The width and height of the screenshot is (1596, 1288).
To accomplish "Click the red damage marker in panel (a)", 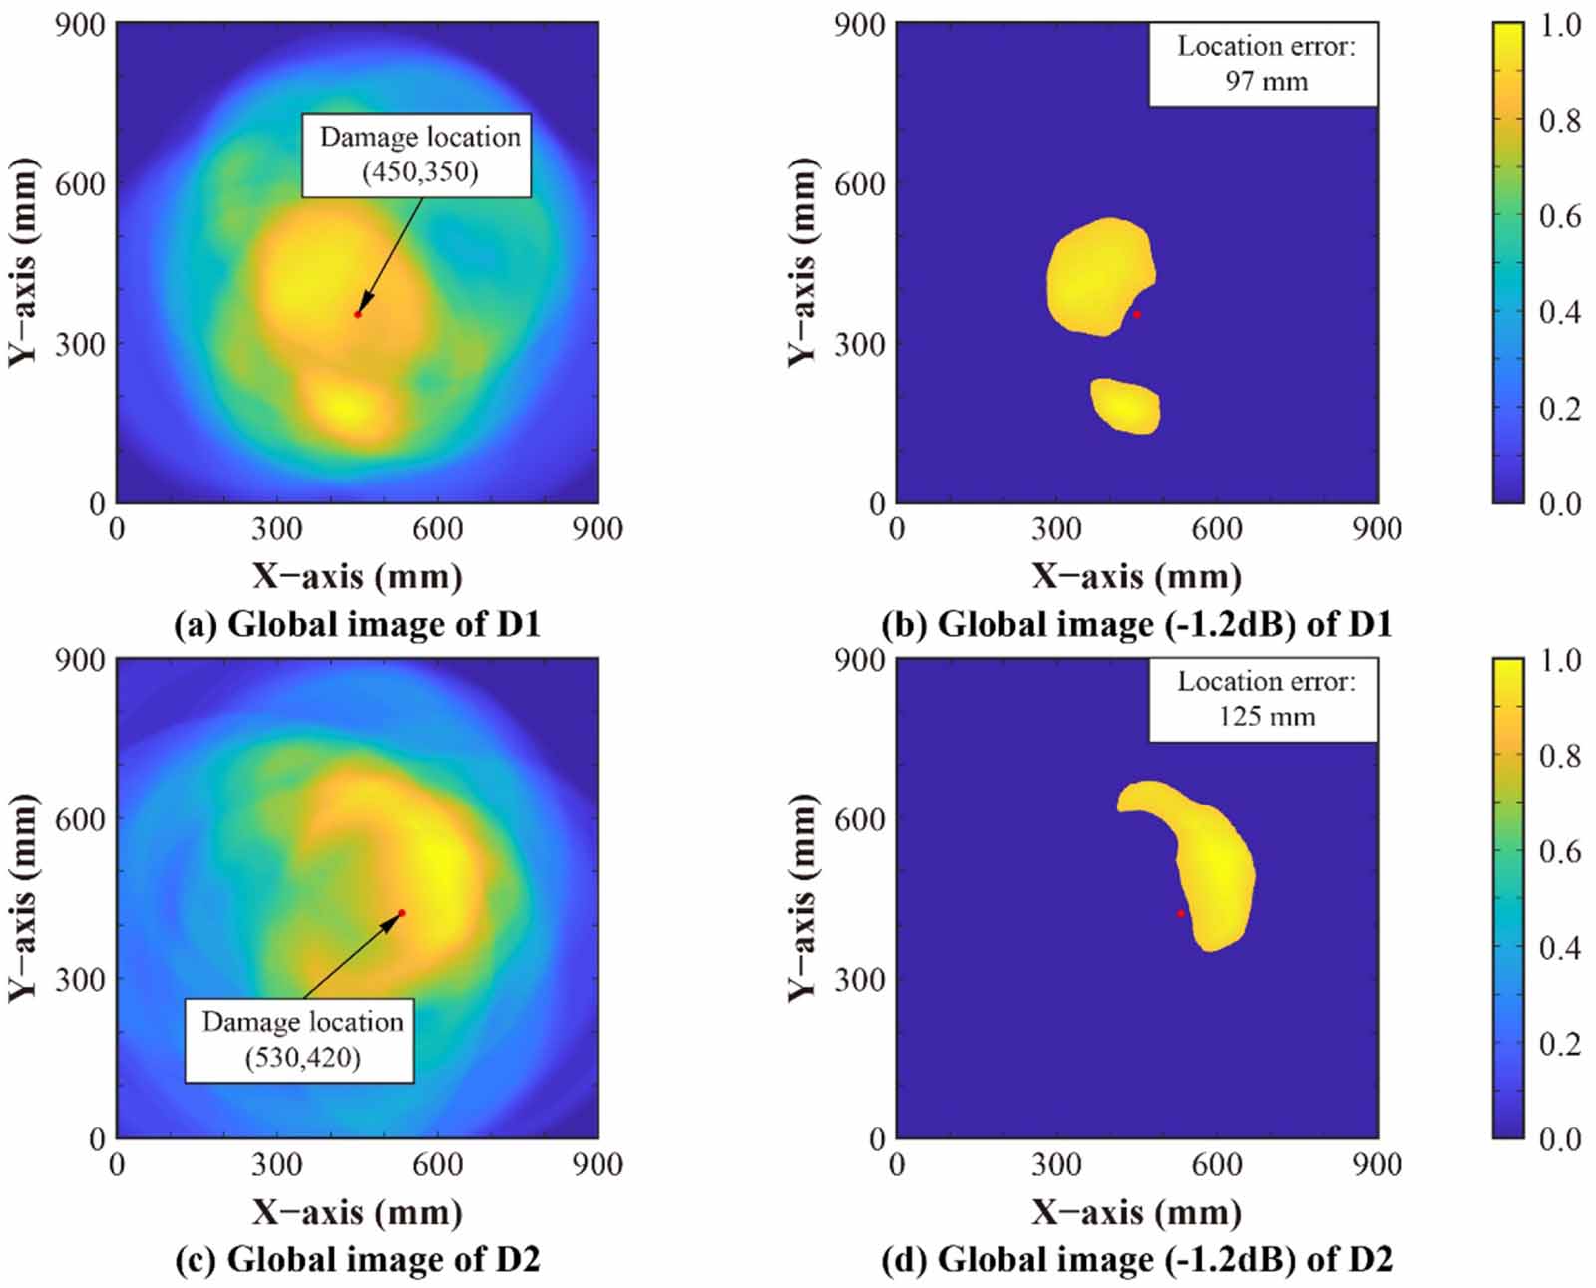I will tap(357, 315).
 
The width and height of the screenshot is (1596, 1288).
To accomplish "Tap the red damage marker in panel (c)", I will tap(401, 913).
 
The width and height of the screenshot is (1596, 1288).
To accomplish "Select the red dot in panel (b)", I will tap(1136, 315).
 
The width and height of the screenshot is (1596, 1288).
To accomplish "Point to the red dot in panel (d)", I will tap(1181, 914).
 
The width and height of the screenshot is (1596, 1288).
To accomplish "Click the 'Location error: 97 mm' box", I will tap(1263, 64).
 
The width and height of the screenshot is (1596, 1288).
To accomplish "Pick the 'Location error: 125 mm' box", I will tap(1263, 700).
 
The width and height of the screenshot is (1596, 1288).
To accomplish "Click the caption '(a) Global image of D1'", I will tap(356, 625).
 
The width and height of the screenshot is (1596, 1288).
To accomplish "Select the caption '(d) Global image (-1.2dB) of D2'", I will tap(1136, 1260).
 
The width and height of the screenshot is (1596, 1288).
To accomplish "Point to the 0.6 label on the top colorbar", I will tap(1559, 216).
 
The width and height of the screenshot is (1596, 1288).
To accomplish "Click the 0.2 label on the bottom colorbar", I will tap(1559, 1044).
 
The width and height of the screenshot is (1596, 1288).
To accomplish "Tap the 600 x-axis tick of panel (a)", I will tap(437, 529).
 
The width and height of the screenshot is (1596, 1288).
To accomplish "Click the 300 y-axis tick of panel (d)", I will tap(860, 979).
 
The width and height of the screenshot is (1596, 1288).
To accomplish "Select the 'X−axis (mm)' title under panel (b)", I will tap(1136, 576).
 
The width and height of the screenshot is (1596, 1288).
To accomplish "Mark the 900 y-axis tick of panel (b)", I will tap(860, 25).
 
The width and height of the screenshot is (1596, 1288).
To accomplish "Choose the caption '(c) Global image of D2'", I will tap(356, 1260).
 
